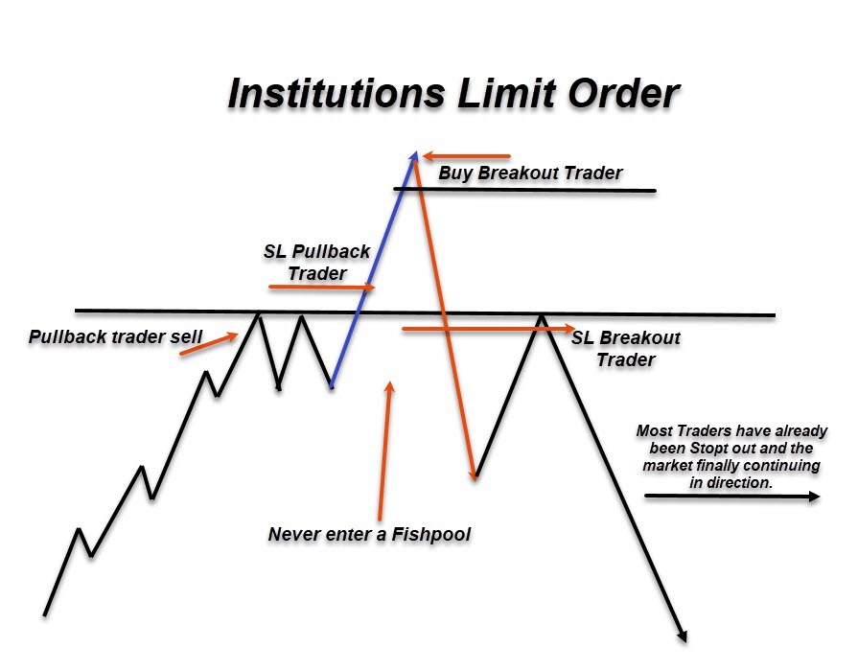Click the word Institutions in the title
coord(336,93)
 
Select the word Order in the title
coord(623,93)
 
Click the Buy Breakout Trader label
coord(530,173)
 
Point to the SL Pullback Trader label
coord(316,262)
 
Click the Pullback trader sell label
coord(115,336)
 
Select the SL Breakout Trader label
coord(625,349)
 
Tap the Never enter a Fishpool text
coord(369,534)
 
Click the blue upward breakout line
coord(374,269)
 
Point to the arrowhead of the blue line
coord(414,156)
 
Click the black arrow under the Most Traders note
coord(732,496)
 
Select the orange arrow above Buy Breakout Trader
coord(467,156)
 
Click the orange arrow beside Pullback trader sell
coord(209,344)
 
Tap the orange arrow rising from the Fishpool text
coord(384,451)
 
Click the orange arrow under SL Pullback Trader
coord(322,287)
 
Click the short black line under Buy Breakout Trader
coord(524,190)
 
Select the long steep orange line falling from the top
coord(445,318)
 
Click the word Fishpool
coord(431,534)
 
